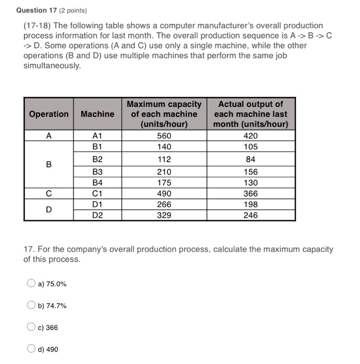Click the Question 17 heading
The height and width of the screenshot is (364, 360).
[x=52, y=10]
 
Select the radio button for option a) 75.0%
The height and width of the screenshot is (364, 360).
[x=31, y=284]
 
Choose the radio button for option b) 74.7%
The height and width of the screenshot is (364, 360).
[x=31, y=306]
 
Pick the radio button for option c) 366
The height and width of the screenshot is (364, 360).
[x=31, y=328]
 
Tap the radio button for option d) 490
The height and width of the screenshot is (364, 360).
[x=31, y=349]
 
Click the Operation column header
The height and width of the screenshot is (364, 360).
[x=48, y=114]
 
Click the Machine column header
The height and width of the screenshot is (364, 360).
[x=97, y=114]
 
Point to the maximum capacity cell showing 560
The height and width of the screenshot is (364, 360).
[x=164, y=136]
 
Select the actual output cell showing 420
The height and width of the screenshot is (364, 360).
[x=250, y=136]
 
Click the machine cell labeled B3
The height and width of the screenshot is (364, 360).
[x=97, y=172]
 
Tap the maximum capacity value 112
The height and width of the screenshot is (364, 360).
[x=164, y=159]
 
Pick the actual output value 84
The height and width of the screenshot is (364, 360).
[x=250, y=159]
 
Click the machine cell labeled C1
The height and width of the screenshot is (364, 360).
[x=97, y=193]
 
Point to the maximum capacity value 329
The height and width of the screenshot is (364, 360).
[x=164, y=215]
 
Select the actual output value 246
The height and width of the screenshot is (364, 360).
[x=250, y=215]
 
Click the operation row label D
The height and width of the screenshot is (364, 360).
[x=48, y=210]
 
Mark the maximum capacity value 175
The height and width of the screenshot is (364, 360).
[x=164, y=183]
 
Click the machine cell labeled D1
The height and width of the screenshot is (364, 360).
[x=97, y=204]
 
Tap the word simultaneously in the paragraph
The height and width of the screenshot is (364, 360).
[x=52, y=66]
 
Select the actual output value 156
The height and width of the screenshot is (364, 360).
[x=250, y=172]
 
